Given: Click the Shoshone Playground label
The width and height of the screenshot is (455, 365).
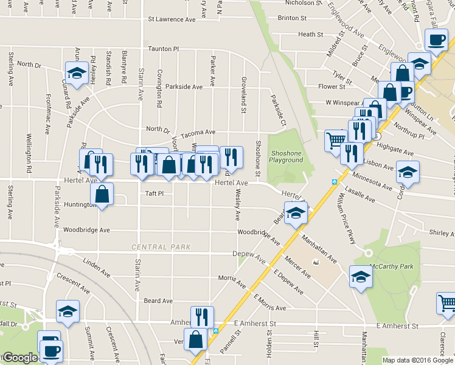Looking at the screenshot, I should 287,156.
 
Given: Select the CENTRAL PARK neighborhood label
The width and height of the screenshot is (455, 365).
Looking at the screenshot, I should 162,247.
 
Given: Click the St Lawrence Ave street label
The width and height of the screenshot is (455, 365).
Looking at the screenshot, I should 172,19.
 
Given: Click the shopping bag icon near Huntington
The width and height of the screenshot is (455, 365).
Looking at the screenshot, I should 102,195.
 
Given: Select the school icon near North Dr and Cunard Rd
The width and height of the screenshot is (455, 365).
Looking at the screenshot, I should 76,74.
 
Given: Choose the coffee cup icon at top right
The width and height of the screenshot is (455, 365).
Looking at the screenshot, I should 436,40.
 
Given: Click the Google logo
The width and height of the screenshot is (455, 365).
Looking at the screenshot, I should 19,358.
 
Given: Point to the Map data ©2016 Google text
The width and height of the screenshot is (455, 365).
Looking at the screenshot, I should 417,360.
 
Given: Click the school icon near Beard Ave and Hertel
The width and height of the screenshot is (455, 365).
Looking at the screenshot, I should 296,213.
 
